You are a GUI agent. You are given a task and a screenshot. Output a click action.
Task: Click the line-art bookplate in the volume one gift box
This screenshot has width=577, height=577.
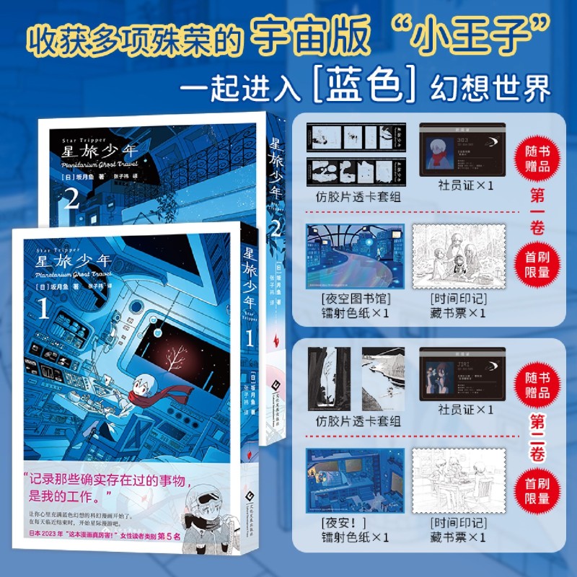click(x=459, y=255)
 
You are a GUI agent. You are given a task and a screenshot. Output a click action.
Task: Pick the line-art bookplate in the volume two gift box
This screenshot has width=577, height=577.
click(x=459, y=481)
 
